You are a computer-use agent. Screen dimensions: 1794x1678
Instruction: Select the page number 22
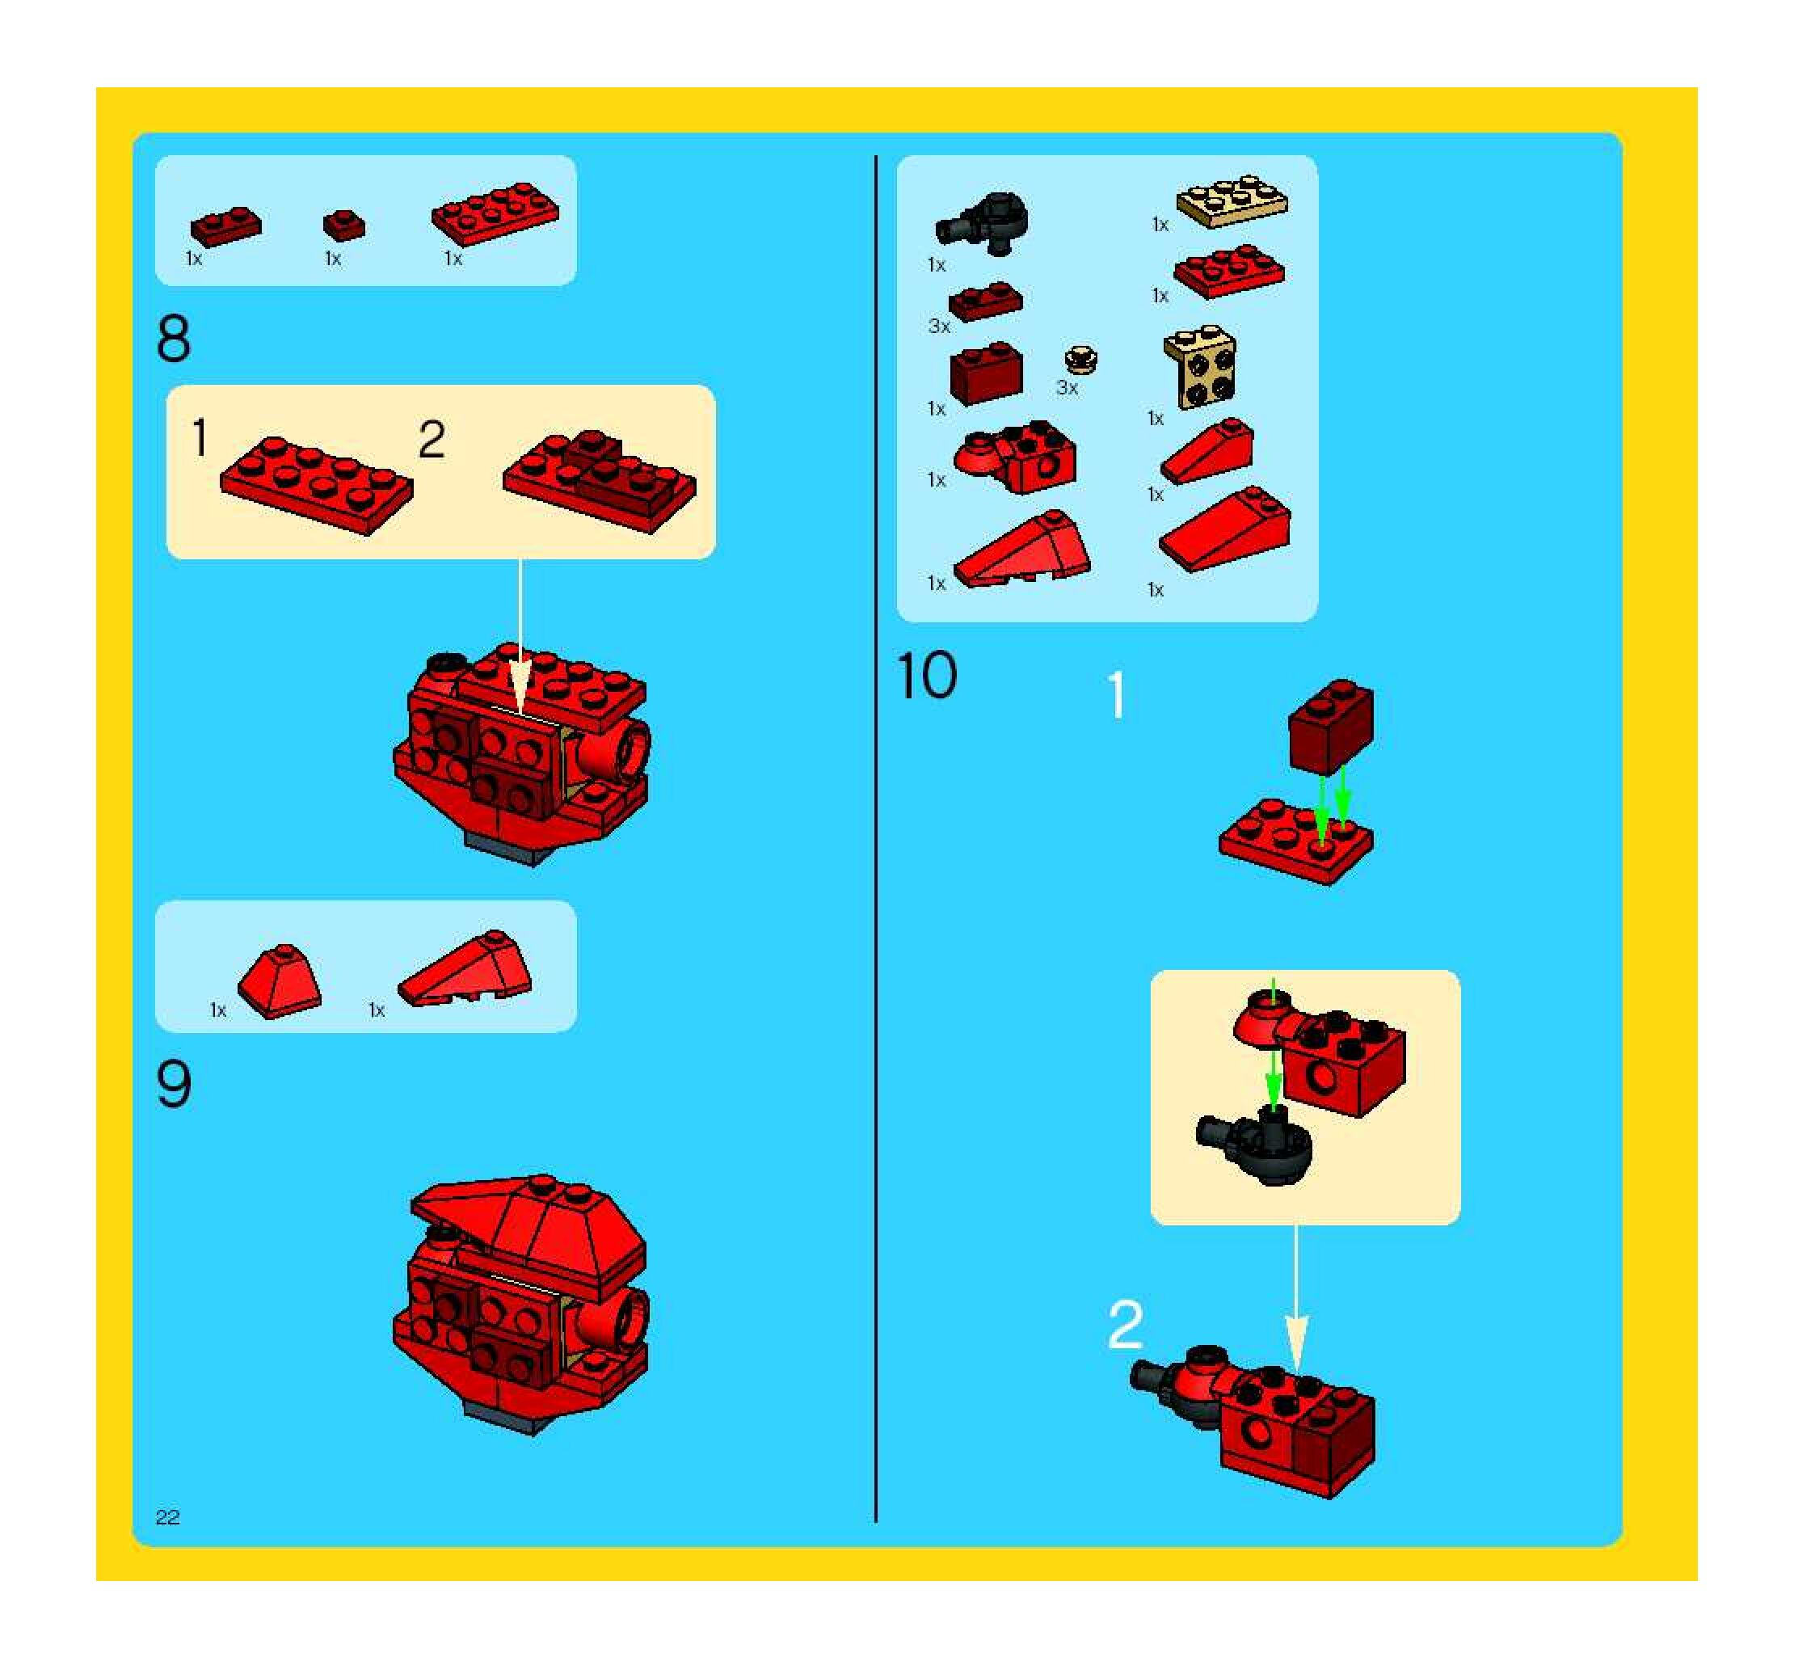(168, 1517)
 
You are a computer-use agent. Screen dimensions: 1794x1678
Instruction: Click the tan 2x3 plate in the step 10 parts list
(1232, 200)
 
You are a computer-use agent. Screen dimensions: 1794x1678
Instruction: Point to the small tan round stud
(1080, 359)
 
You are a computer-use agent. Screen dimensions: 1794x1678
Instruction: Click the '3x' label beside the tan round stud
(1067, 388)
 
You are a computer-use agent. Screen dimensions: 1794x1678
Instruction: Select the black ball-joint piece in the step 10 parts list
(982, 222)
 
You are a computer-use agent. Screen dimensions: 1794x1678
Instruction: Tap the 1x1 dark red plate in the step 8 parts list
(343, 225)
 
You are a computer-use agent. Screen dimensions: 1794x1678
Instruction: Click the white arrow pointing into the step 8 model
(520, 636)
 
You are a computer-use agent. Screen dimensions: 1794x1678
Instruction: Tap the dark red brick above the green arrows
(1331, 727)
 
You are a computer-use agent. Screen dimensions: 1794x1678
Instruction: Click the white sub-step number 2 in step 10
(1126, 1324)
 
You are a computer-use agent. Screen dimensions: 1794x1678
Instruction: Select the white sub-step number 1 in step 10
(1117, 695)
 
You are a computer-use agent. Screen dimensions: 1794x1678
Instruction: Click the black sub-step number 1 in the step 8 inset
(200, 438)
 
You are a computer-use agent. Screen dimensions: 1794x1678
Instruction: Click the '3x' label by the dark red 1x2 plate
(939, 327)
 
